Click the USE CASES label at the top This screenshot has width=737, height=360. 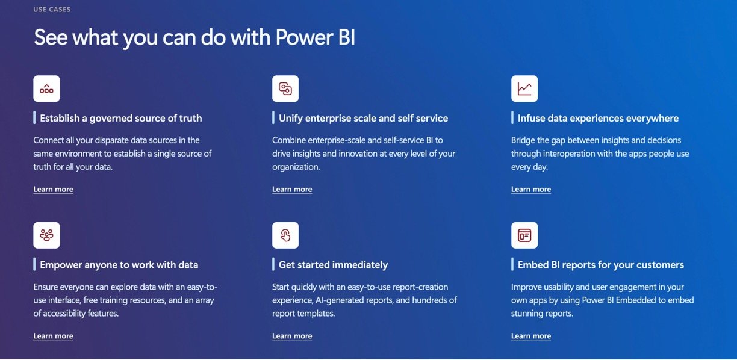click(x=52, y=10)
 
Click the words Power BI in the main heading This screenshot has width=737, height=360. click(x=315, y=37)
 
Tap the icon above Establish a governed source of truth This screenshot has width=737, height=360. click(x=46, y=88)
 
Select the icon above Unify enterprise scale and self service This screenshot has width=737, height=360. click(x=285, y=88)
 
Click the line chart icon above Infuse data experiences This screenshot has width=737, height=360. click(x=524, y=88)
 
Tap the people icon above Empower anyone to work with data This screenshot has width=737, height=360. click(x=46, y=235)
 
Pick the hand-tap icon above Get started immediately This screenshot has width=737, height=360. click(x=285, y=235)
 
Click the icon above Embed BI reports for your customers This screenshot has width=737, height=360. click(x=524, y=235)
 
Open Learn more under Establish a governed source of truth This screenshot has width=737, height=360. click(x=54, y=189)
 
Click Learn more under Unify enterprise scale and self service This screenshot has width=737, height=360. click(x=292, y=189)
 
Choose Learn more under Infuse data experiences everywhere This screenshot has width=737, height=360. click(x=531, y=189)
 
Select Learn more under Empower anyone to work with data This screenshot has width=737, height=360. click(x=54, y=336)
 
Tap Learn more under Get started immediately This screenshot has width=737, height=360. click(x=292, y=336)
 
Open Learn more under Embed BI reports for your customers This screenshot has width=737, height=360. click(x=531, y=336)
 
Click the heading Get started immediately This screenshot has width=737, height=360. click(x=334, y=265)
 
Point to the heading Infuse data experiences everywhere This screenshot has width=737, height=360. click(x=598, y=118)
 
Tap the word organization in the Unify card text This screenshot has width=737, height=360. click(x=296, y=167)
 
